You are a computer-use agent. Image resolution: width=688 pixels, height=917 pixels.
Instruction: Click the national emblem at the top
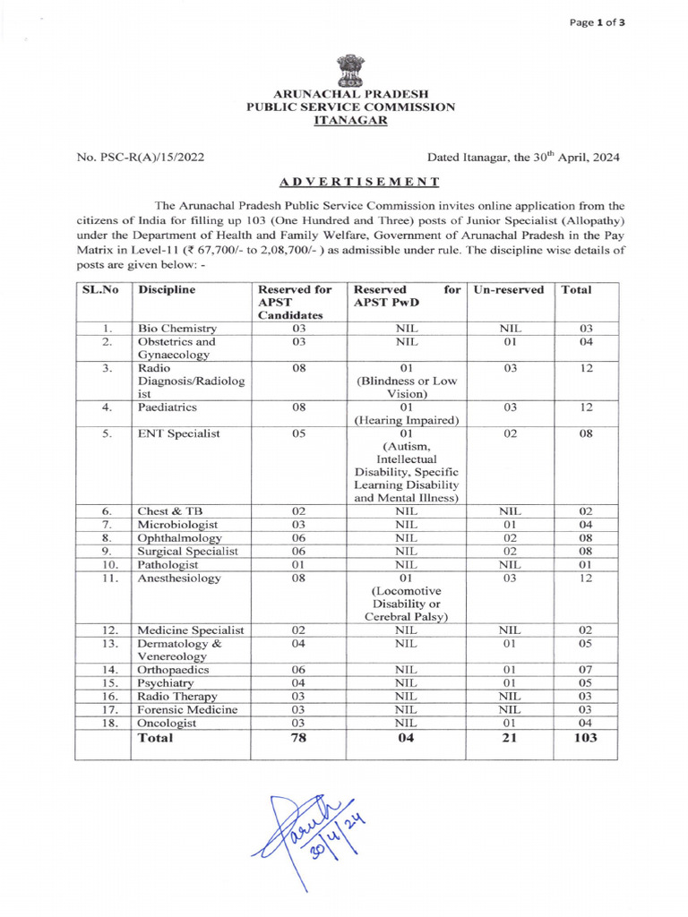tap(350, 70)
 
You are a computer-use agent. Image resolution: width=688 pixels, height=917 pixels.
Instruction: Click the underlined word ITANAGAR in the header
tap(350, 119)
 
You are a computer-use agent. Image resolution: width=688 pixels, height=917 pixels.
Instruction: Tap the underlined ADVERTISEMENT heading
tap(358, 182)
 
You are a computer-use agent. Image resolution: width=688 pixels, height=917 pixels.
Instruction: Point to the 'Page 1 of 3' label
tap(598, 23)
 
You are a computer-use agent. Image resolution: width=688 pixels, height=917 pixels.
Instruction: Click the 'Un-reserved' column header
tap(507, 290)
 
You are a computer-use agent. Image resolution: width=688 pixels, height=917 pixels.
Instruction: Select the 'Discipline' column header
tap(167, 290)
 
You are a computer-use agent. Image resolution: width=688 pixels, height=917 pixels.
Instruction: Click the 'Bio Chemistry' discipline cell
tap(176, 330)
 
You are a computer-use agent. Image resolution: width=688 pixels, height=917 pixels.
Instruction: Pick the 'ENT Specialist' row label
tap(178, 434)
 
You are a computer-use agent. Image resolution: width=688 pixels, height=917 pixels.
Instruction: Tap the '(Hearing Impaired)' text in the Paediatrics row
tap(408, 419)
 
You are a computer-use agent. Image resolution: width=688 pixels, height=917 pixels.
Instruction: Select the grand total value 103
tap(583, 739)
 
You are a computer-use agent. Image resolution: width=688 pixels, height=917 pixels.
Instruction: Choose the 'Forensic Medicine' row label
tap(187, 709)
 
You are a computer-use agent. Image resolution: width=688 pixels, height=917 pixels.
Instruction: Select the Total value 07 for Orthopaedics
tap(583, 669)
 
